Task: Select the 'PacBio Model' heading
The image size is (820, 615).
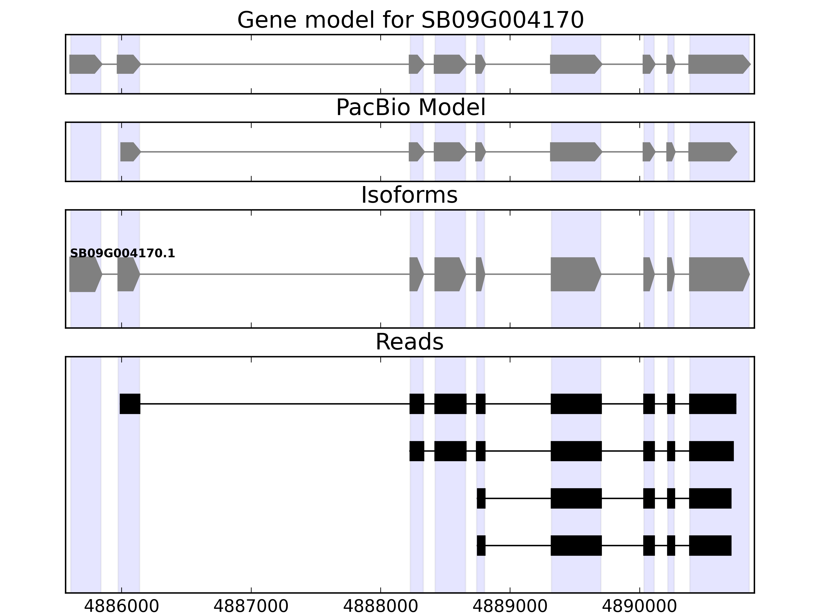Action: point(410,108)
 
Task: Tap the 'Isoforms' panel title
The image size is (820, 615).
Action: point(409,195)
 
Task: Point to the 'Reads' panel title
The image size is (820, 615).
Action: point(409,342)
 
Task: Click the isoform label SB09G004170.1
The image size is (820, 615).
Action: point(122,254)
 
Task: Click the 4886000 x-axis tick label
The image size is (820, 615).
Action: point(122,607)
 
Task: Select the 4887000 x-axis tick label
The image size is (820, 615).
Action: point(251,607)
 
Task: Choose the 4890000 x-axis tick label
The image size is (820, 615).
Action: point(639,607)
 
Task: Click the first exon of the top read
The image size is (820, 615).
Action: point(130,404)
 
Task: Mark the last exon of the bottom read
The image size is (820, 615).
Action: point(710,545)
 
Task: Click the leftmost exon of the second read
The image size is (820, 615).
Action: point(417,451)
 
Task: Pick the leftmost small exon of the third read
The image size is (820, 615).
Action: point(481,498)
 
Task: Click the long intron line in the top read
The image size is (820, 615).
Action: point(274,404)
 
